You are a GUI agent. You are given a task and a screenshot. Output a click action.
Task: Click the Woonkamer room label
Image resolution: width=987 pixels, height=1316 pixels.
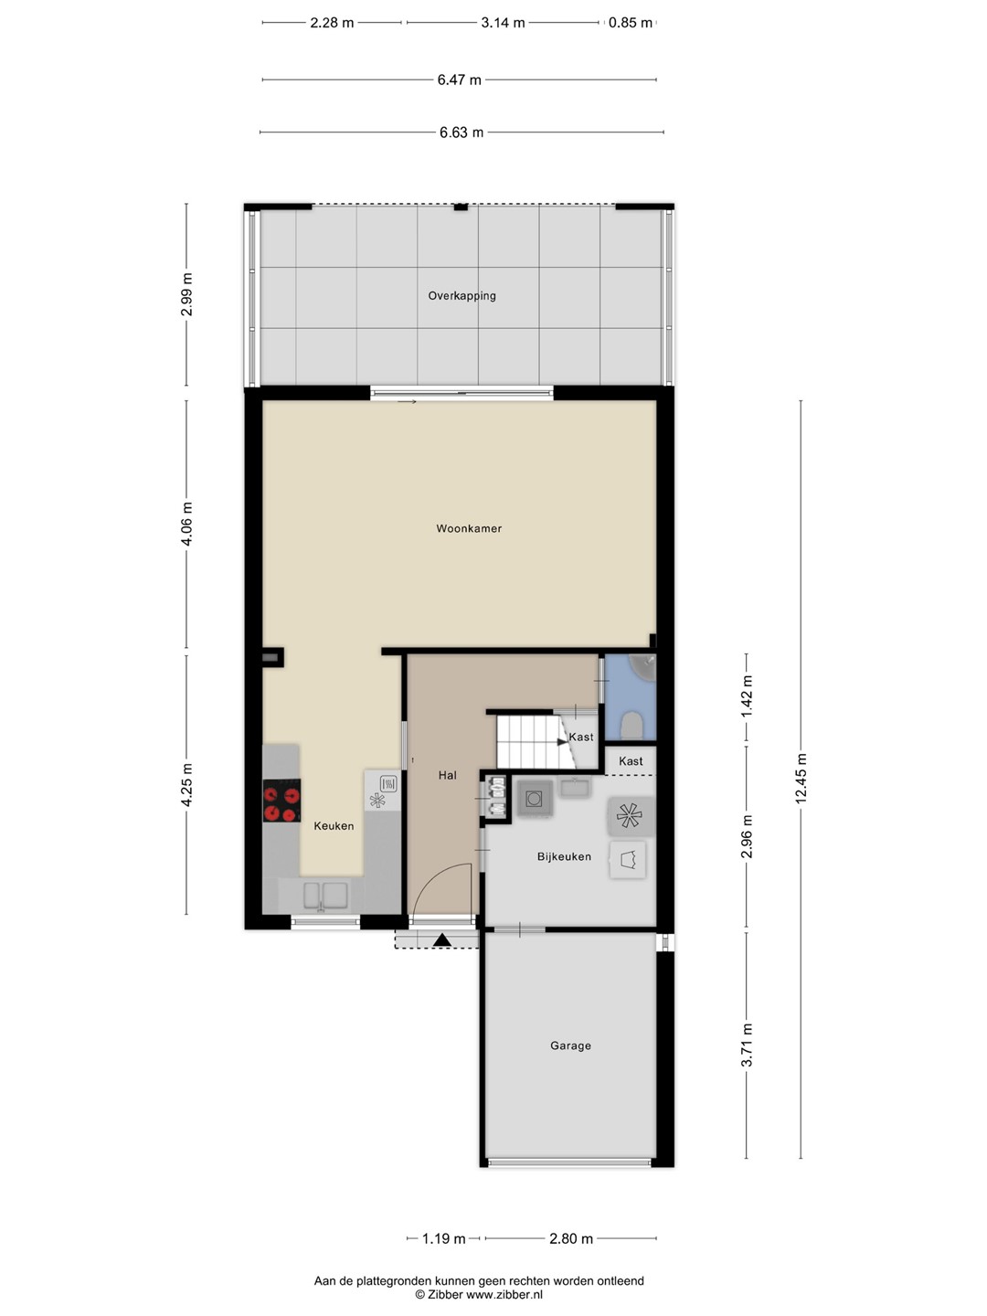[x=469, y=528]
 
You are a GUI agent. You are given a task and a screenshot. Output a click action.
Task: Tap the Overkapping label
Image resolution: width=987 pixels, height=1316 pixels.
[x=462, y=295]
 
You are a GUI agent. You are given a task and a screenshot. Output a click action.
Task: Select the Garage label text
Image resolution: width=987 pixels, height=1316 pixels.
[x=570, y=1045]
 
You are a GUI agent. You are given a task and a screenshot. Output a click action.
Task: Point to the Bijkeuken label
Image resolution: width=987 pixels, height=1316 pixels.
[x=564, y=856]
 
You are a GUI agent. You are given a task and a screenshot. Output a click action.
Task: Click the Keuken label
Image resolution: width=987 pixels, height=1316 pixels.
[x=334, y=825]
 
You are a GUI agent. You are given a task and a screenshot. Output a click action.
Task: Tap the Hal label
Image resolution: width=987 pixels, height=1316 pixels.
[x=447, y=775]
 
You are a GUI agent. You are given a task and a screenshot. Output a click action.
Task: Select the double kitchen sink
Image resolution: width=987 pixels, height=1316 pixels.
[x=325, y=896]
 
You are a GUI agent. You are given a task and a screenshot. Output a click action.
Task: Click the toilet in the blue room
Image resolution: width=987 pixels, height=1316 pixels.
[x=631, y=725]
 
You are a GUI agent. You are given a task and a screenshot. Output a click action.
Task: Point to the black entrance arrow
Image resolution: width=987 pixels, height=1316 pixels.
[x=442, y=940]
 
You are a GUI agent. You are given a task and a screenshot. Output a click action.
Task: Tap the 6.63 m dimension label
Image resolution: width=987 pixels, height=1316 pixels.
[x=461, y=133]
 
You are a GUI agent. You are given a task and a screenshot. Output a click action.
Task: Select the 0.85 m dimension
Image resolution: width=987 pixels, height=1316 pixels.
[x=631, y=23]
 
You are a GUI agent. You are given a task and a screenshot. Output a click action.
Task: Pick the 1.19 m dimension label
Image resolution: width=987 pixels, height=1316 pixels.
[x=443, y=1238]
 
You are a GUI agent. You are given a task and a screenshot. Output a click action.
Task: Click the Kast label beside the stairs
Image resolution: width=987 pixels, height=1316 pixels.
[x=580, y=737]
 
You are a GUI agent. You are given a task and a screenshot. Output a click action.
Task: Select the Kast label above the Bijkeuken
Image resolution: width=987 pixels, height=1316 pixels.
[x=631, y=761]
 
